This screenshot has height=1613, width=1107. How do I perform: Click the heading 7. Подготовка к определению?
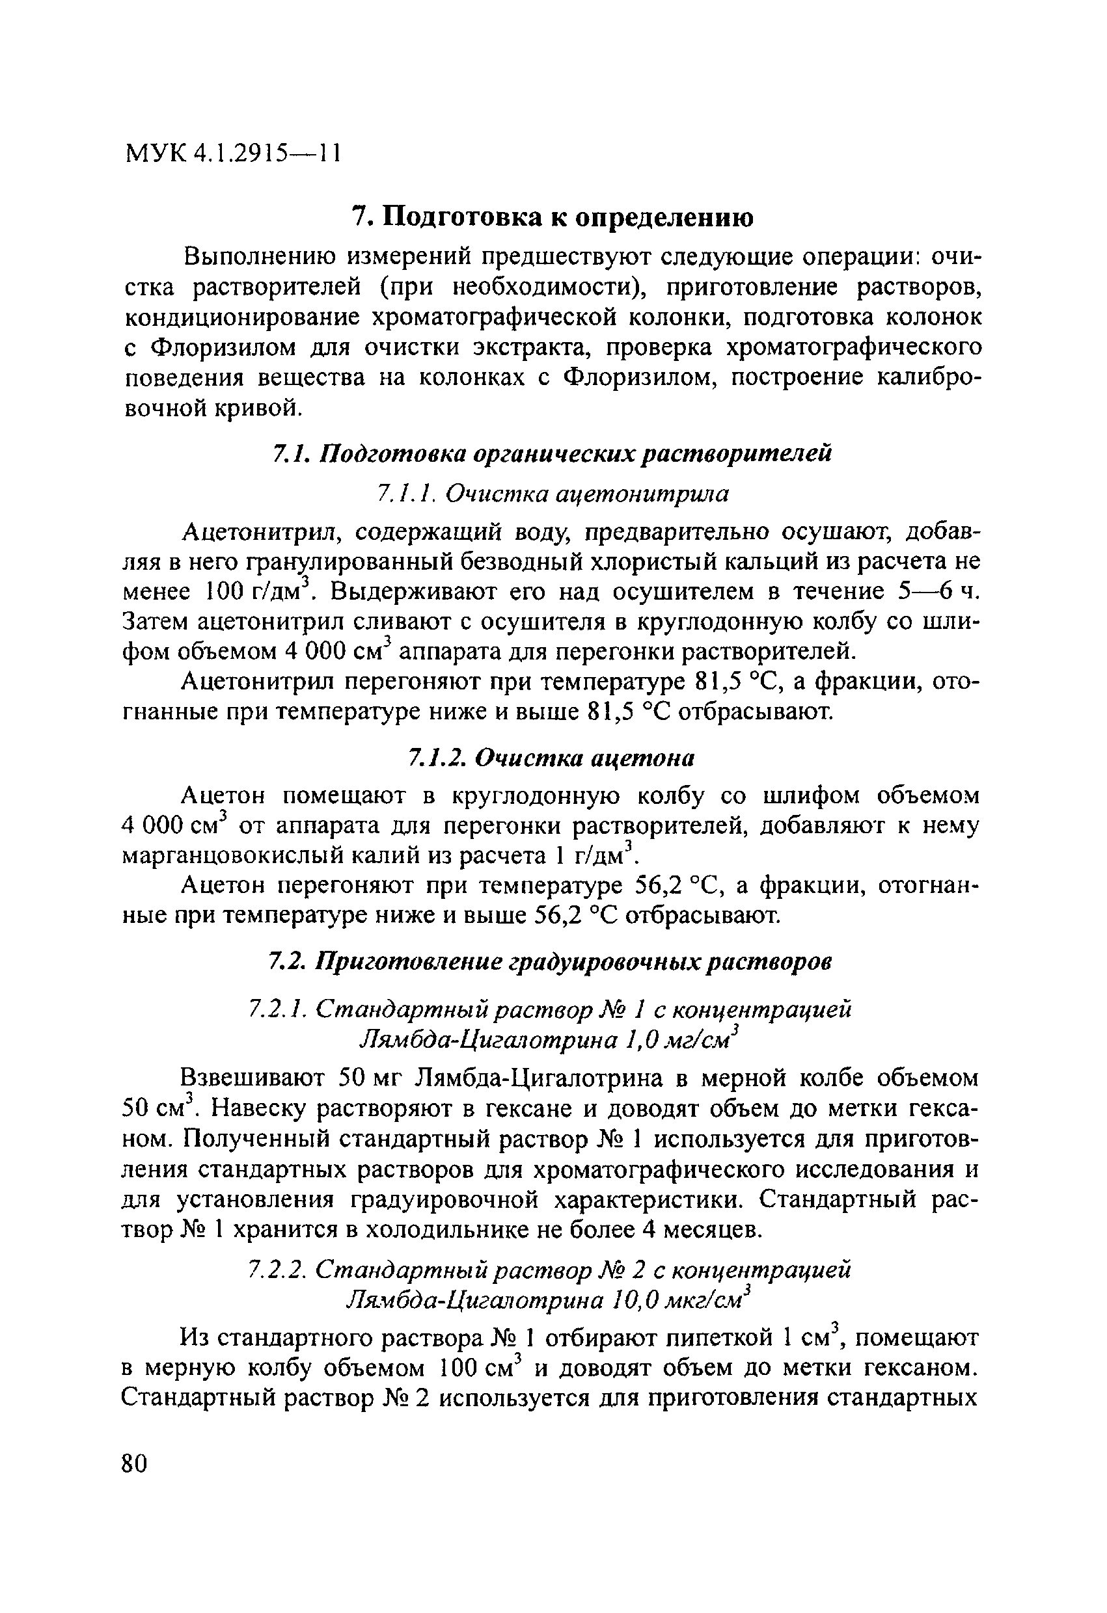pos(552,217)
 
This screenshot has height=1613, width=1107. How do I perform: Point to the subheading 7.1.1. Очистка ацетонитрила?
pos(552,494)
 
